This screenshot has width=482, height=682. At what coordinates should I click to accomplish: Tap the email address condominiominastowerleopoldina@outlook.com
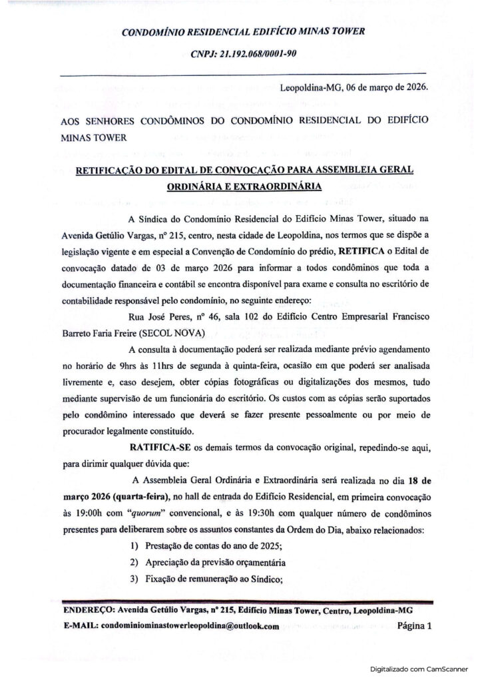[x=189, y=627]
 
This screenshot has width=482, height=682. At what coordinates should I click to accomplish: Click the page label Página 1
[x=415, y=625]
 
